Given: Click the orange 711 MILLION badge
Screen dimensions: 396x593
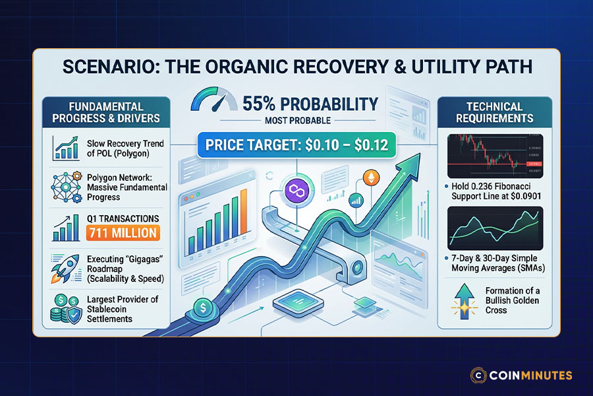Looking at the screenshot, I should tap(122, 232).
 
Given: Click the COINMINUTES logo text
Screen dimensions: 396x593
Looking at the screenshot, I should tap(530, 376).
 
